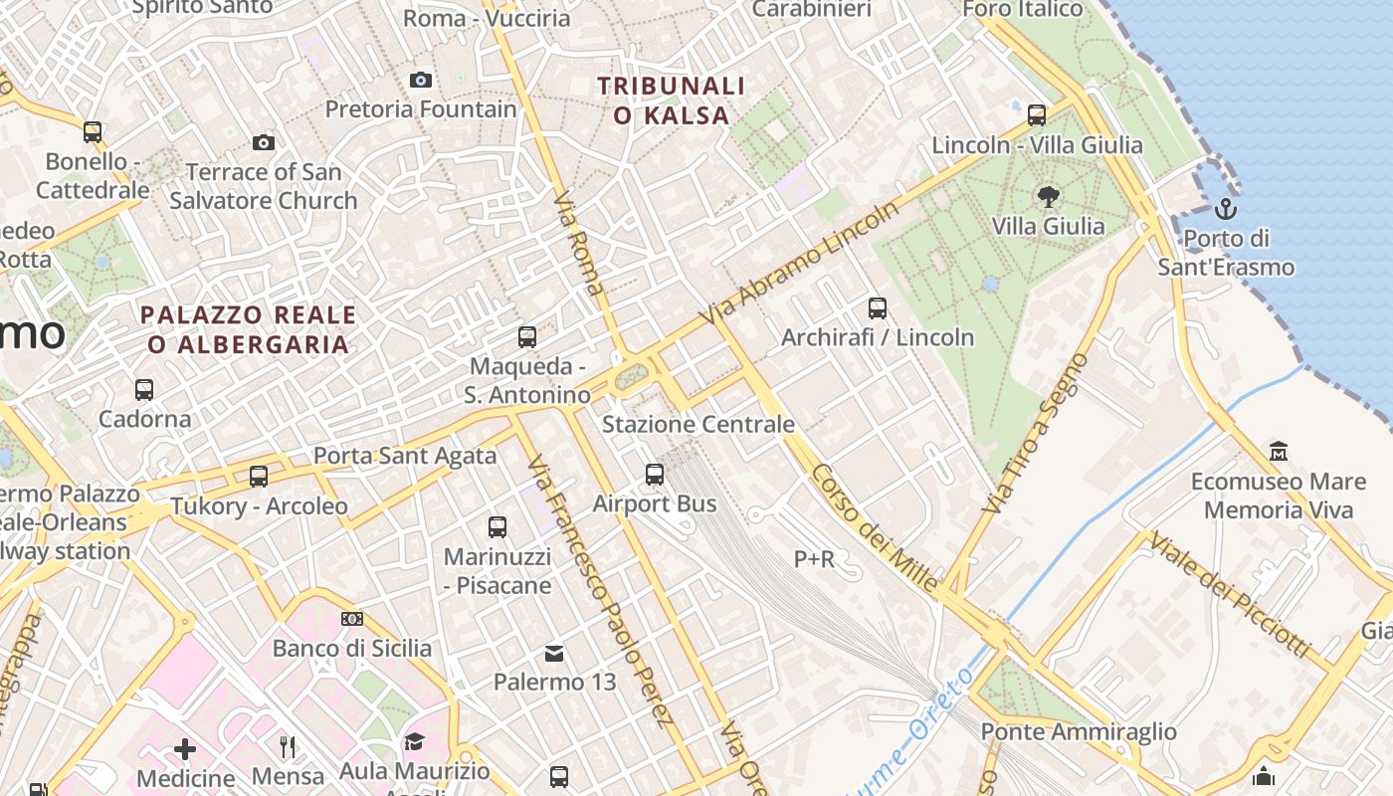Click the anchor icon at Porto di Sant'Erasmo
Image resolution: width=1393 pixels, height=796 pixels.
pyautogui.click(x=1226, y=209)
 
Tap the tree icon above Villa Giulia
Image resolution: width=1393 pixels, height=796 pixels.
pyautogui.click(x=1048, y=196)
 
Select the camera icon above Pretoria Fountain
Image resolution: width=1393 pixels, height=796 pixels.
pyautogui.click(x=421, y=80)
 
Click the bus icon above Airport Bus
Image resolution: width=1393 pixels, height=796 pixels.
pyautogui.click(x=655, y=475)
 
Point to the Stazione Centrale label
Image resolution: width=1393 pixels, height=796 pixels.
pyautogui.click(x=698, y=425)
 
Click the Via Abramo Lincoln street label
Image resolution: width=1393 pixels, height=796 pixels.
pyautogui.click(x=800, y=264)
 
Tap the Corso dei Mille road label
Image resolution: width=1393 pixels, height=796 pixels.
pyautogui.click(x=875, y=529)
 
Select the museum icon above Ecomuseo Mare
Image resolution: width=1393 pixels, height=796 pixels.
pyautogui.click(x=1279, y=452)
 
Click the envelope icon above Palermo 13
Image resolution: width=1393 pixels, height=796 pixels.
pyautogui.click(x=554, y=654)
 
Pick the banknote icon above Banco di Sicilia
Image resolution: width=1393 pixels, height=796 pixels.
pyautogui.click(x=351, y=619)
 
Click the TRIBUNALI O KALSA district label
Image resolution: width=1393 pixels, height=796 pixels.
pyautogui.click(x=672, y=100)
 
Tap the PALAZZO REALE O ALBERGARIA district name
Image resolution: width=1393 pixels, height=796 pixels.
pyautogui.click(x=248, y=329)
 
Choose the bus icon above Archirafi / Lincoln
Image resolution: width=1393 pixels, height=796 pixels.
pyautogui.click(x=877, y=308)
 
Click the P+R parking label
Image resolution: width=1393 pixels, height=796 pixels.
pyautogui.click(x=814, y=560)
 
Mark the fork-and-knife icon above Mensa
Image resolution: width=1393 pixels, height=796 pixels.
pyautogui.click(x=288, y=746)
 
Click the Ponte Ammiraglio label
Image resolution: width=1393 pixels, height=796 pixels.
pyautogui.click(x=1079, y=732)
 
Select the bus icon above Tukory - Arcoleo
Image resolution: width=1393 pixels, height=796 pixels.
pyautogui.click(x=259, y=477)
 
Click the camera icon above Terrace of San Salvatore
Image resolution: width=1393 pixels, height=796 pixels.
pyautogui.click(x=264, y=142)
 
